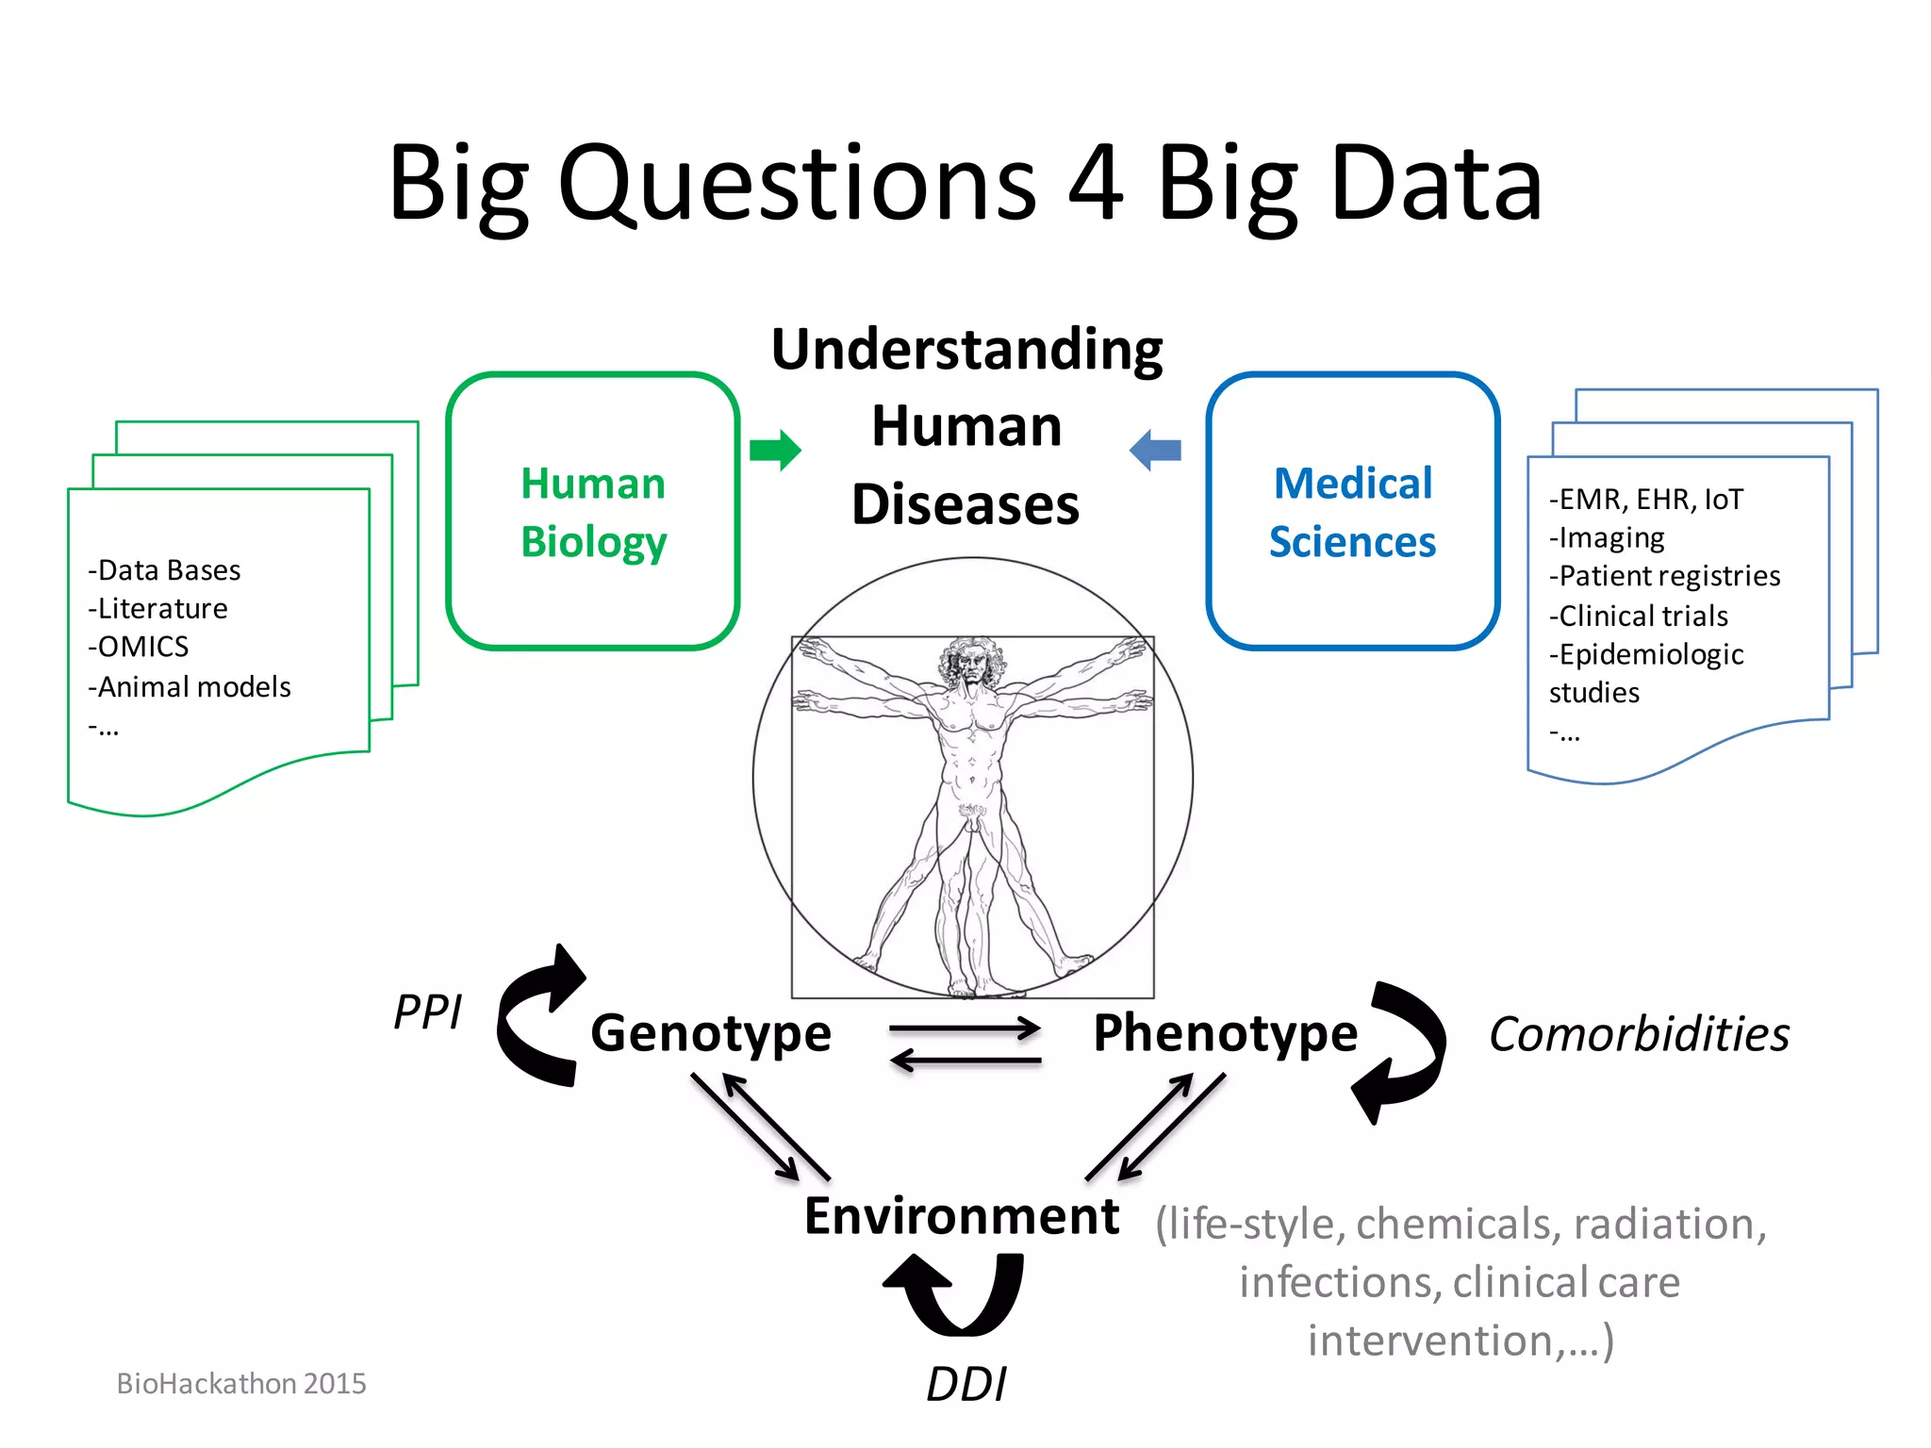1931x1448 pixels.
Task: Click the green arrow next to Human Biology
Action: [x=775, y=450]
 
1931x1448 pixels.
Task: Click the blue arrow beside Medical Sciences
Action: [x=1155, y=450]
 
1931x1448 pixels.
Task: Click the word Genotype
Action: [x=711, y=1033]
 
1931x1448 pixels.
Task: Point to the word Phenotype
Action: [x=1225, y=1033]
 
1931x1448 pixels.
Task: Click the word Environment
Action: [x=961, y=1216]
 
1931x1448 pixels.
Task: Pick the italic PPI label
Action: [x=427, y=1013]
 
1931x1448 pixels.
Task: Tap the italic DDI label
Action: [x=966, y=1385]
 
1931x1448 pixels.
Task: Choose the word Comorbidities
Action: [x=1639, y=1035]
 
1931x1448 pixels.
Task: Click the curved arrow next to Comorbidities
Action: [x=1401, y=1051]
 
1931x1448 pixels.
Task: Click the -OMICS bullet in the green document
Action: [x=139, y=647]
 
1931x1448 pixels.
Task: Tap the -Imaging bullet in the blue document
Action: [x=1607, y=537]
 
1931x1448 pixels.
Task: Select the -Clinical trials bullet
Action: [x=1639, y=616]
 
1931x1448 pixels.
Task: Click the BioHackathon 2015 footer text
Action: [x=241, y=1383]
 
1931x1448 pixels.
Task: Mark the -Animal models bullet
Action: [x=190, y=687]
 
